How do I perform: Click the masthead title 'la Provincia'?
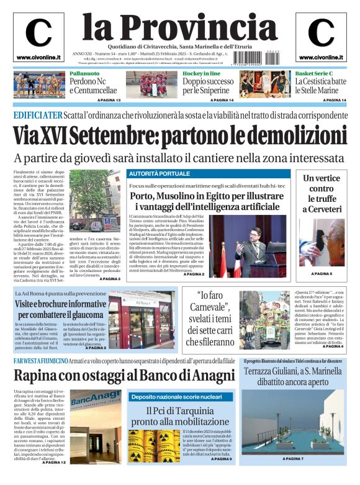click(179, 26)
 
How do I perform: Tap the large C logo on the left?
click(38, 33)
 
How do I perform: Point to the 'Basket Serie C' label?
click(318, 74)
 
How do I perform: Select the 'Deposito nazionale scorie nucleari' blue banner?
click(176, 396)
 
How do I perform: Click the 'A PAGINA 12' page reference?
click(54, 463)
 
